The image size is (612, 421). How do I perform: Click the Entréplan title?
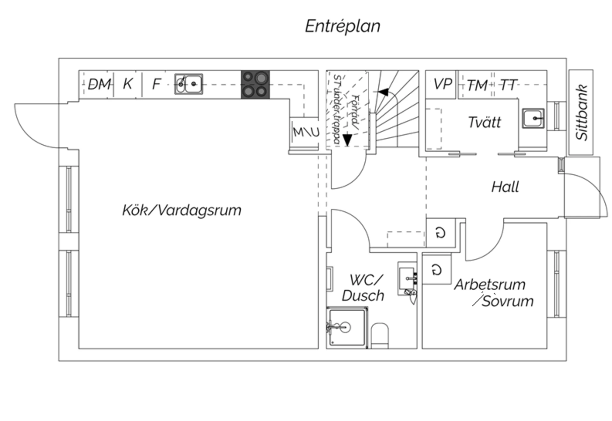(343, 26)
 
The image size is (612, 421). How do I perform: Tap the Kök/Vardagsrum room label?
(182, 210)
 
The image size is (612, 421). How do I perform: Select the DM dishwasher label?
(99, 84)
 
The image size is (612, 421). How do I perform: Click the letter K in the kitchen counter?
(127, 84)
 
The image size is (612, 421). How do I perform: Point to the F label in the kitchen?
(156, 84)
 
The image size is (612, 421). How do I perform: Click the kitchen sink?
(189, 84)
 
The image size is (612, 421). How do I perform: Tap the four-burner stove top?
(255, 85)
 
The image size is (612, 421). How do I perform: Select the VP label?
(442, 84)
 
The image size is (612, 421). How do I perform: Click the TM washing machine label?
(477, 85)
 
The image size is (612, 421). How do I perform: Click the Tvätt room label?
(484, 122)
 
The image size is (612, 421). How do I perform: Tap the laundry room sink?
(533, 119)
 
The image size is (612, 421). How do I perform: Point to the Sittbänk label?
(581, 112)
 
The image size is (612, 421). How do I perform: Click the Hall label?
(505, 187)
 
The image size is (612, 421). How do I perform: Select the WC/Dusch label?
(363, 288)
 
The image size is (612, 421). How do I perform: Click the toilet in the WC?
(380, 336)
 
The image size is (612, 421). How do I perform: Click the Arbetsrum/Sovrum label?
(493, 293)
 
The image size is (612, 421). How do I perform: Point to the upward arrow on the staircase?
(384, 92)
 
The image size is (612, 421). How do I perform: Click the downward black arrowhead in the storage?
(347, 140)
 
